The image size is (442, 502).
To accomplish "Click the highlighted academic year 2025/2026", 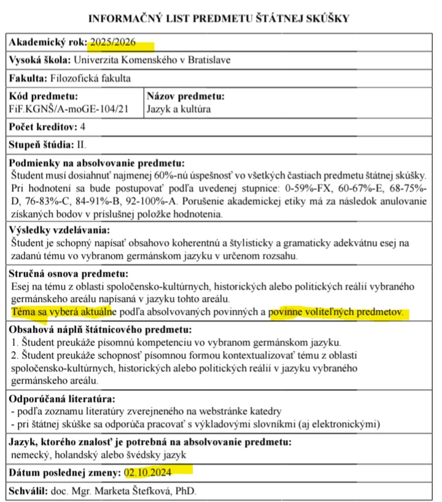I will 120,43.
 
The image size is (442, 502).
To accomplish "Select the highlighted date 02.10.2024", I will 147,473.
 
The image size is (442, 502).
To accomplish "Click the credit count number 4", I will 83,128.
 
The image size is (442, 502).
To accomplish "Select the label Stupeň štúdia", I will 43,145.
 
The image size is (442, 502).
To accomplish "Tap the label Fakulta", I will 28,78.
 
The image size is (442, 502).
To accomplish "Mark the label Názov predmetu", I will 186,96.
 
